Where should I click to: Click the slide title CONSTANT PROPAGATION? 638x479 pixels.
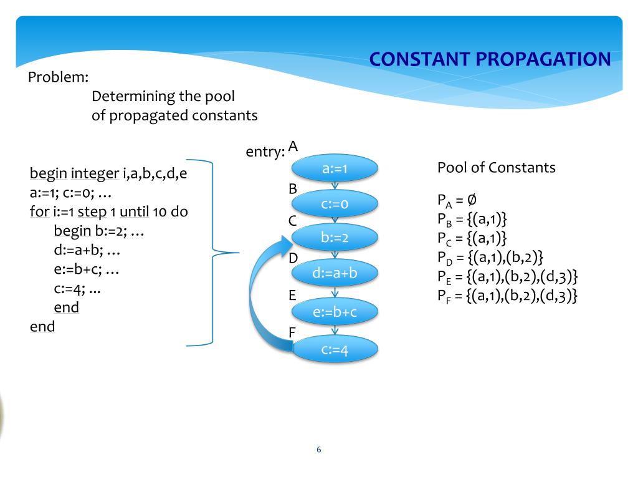click(x=490, y=59)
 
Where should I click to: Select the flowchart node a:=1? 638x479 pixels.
click(x=335, y=168)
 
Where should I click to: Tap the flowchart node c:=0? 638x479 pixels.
click(x=335, y=203)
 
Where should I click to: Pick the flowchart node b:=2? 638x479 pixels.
click(x=335, y=238)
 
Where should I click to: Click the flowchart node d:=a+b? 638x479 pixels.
click(x=335, y=273)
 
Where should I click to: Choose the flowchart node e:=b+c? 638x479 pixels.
click(x=335, y=312)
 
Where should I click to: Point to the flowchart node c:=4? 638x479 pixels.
click(x=335, y=350)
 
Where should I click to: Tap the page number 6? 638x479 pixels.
click(x=319, y=450)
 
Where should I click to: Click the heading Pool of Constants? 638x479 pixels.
click(x=497, y=168)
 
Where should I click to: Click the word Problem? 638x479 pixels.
click(x=59, y=78)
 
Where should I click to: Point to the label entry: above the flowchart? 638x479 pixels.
click(x=266, y=152)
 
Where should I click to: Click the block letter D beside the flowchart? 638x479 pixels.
click(x=293, y=258)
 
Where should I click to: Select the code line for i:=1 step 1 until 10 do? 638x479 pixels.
click(x=109, y=211)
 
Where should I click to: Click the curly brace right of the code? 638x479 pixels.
click(x=215, y=253)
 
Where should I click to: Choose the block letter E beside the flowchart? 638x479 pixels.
click(x=292, y=296)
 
